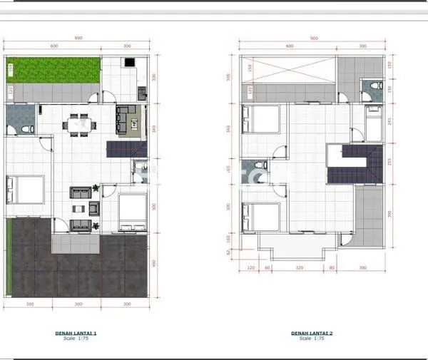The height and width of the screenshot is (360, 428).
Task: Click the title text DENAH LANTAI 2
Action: [x=312, y=333]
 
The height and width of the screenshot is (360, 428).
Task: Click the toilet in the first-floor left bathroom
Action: [x=27, y=128]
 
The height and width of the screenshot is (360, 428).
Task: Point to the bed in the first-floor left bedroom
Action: [x=26, y=190]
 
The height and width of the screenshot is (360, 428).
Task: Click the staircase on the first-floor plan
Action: [x=126, y=149]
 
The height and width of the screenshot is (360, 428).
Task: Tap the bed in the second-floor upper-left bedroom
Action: [x=261, y=119]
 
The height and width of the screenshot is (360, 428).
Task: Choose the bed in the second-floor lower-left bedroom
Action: [x=261, y=217]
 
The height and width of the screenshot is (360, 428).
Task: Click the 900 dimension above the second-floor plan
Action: [x=312, y=38]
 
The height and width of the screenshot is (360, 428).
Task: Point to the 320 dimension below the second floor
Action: [x=300, y=267]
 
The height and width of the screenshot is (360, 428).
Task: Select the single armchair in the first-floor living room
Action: [x=93, y=208]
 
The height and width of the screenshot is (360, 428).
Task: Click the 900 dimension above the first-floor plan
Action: [x=76, y=38]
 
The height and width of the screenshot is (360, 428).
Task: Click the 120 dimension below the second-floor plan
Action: [x=251, y=267]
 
